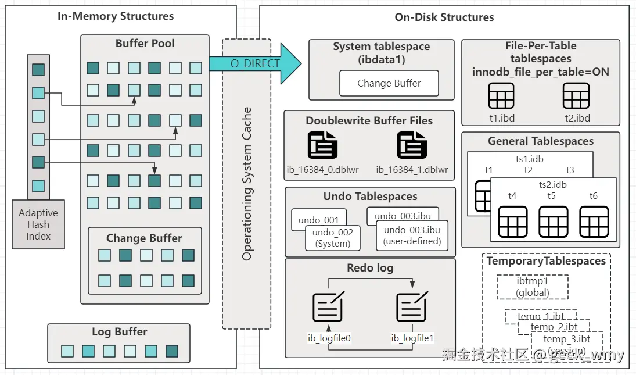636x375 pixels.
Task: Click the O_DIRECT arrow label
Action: click(255, 63)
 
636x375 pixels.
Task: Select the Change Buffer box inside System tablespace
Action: click(389, 83)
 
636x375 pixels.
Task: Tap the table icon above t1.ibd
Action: click(501, 96)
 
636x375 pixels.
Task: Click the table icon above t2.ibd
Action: click(576, 96)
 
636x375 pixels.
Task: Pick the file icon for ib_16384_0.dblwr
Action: click(322, 145)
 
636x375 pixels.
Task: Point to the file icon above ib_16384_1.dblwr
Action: click(412, 145)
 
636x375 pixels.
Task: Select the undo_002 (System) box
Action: click(332, 238)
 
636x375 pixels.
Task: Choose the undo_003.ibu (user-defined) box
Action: click(412, 235)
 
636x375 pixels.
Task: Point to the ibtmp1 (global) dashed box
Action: click(532, 287)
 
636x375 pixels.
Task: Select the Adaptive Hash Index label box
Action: click(38, 224)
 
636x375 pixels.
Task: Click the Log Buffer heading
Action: click(119, 332)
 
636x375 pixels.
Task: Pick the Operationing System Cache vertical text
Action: click(247, 183)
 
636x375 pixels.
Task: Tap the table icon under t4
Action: click(512, 222)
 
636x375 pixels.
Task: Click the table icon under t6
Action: click(593, 222)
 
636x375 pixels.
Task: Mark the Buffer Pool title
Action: click(145, 44)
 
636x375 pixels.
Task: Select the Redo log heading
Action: click(370, 268)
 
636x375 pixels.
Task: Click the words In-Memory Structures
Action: click(116, 16)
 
